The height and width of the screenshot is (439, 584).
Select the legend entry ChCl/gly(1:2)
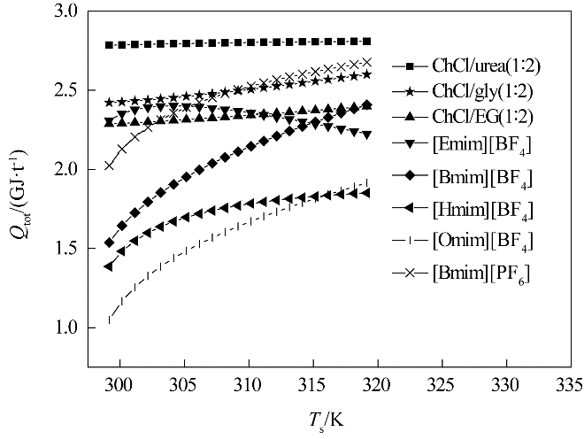(x=481, y=90)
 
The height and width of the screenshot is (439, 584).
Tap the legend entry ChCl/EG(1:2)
(x=481, y=116)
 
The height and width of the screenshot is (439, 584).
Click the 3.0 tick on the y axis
(x=67, y=12)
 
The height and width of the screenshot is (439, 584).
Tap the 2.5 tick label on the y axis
(x=67, y=91)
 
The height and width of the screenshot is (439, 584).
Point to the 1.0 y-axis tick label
(x=67, y=328)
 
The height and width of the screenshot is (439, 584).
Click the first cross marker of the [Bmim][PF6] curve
(x=109, y=165)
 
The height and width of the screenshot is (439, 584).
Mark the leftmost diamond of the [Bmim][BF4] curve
(x=109, y=242)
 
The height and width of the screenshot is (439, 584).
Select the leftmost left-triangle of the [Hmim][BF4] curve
(x=109, y=266)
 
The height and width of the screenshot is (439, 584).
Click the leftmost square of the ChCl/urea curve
(x=109, y=44)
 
